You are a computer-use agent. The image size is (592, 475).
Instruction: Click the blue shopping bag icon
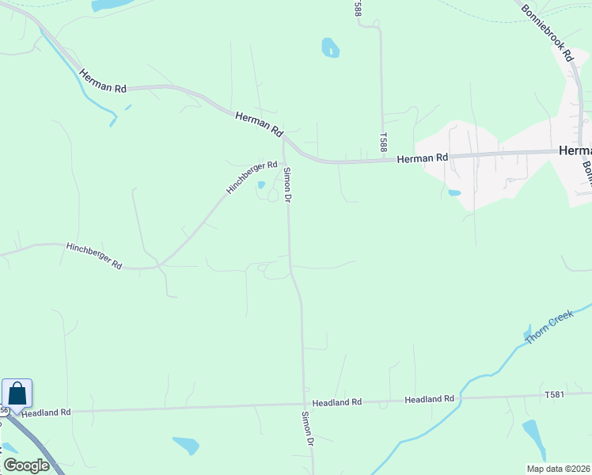(17, 393)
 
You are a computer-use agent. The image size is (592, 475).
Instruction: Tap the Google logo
(26, 465)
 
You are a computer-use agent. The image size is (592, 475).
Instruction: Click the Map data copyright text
(559, 468)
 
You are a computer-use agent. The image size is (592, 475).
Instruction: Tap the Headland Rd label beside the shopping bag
(47, 412)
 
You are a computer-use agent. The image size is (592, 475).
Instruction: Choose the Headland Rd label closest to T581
(429, 399)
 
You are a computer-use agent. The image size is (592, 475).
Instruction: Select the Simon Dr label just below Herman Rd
(288, 184)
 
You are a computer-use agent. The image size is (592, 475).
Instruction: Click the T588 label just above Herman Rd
(383, 142)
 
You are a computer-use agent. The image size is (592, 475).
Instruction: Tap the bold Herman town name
(575, 150)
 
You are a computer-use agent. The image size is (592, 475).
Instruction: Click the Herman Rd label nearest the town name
(422, 158)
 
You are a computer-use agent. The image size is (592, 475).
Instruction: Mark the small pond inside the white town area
(453, 192)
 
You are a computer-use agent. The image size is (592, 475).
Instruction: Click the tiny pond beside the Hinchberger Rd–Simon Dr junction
(261, 185)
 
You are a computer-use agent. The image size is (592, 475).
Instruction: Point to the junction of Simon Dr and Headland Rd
(303, 405)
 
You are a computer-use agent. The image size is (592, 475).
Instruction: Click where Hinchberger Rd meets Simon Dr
(284, 163)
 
